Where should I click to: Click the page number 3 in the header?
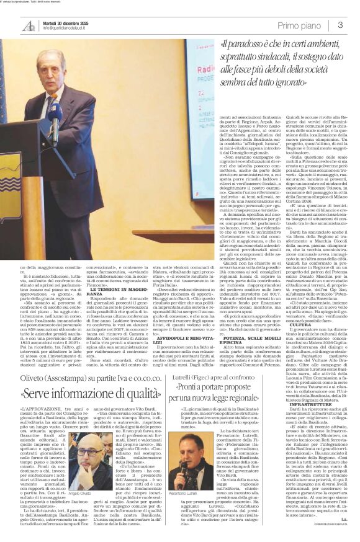[x=341, y=25]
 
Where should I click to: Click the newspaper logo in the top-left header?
[x=29, y=25]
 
